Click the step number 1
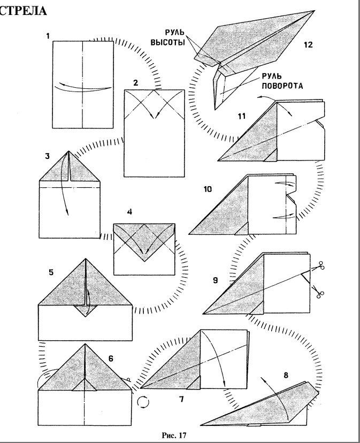click(49, 36)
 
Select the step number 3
click(48, 156)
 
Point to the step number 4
click(129, 212)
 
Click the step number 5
click(51, 272)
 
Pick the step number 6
click(111, 358)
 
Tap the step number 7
click(181, 399)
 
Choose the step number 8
click(286, 375)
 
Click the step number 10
click(208, 189)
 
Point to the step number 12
click(308, 45)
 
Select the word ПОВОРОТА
click(282, 85)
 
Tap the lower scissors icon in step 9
click(321, 292)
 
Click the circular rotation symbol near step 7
click(143, 402)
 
